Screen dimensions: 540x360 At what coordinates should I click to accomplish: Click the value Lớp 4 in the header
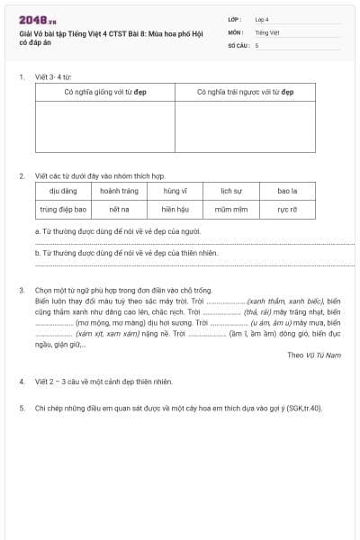pyautogui.click(x=261, y=18)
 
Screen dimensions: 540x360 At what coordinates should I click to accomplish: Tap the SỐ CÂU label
pyautogui.click(x=238, y=44)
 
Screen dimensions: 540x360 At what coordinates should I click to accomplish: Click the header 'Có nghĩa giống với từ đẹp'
pyautogui.click(x=105, y=92)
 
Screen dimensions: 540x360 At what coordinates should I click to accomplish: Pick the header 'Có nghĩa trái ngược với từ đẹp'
pyautogui.click(x=245, y=92)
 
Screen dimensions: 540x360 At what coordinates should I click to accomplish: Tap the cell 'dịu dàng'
pyautogui.click(x=63, y=191)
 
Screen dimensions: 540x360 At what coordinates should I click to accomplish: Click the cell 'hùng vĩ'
pyautogui.click(x=175, y=191)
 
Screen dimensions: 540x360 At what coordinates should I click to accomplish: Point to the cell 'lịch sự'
pyautogui.click(x=231, y=191)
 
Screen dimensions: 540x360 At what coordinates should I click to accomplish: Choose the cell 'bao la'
pyautogui.click(x=287, y=191)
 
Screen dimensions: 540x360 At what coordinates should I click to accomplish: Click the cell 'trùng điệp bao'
pyautogui.click(x=63, y=209)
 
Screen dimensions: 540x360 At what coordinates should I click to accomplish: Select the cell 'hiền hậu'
pyautogui.click(x=175, y=209)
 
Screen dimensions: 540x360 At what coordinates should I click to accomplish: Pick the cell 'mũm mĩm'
pyautogui.click(x=231, y=209)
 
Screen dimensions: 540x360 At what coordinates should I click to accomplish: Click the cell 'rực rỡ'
pyautogui.click(x=287, y=209)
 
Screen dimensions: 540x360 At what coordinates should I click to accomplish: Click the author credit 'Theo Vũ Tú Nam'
pyautogui.click(x=314, y=355)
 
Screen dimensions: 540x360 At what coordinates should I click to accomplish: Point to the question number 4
pyautogui.click(x=22, y=382)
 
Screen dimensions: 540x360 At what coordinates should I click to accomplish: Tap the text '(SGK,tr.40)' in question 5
pyautogui.click(x=301, y=409)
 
